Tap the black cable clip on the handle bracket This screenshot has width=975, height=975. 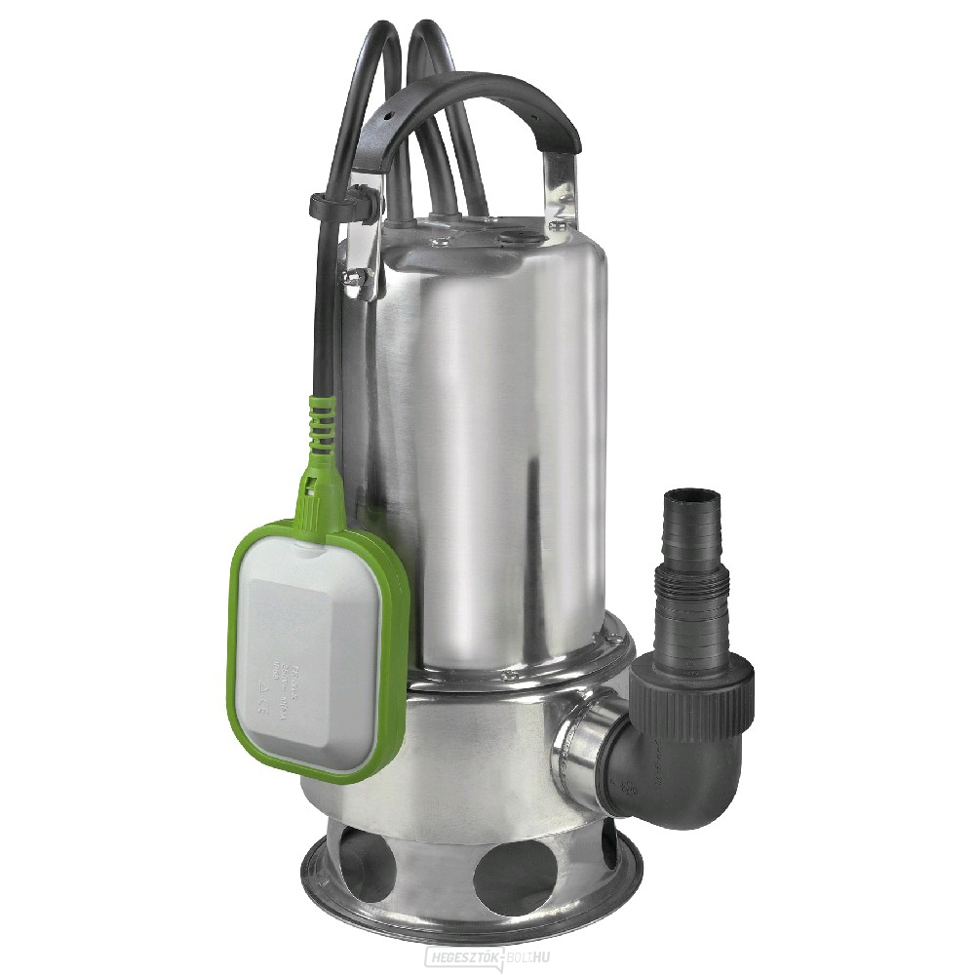[331, 206]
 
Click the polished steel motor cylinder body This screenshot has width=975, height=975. [487, 439]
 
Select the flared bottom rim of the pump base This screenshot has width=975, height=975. [468, 916]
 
